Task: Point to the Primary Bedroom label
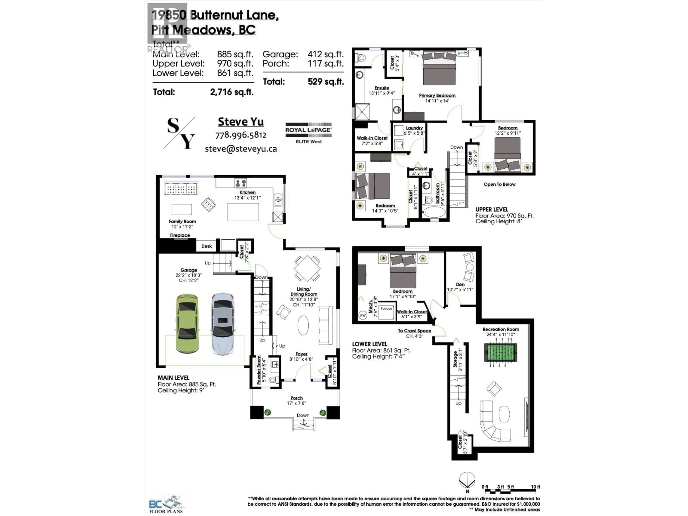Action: tap(437, 95)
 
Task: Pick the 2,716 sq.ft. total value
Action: tap(231, 92)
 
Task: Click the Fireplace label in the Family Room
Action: tap(180, 235)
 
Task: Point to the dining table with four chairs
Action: tap(307, 268)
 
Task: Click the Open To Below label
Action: tap(500, 184)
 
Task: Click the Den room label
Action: tap(460, 284)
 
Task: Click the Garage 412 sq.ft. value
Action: tap(325, 54)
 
